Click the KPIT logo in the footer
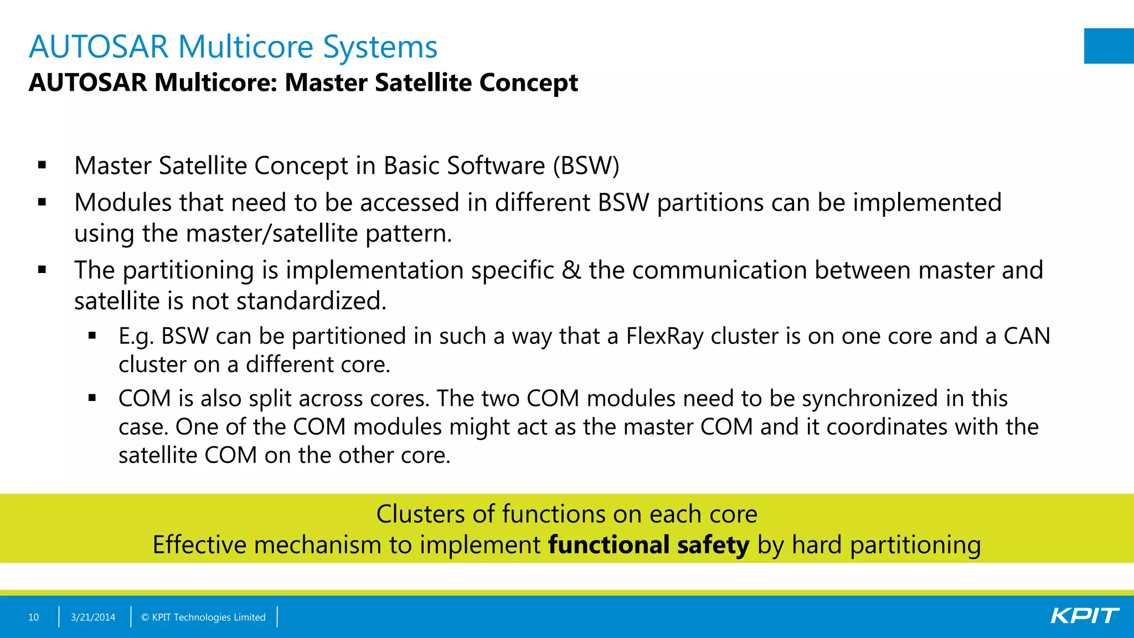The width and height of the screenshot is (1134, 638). (1085, 616)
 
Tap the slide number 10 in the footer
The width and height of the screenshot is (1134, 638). (33, 617)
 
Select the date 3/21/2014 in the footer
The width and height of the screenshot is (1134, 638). (93, 617)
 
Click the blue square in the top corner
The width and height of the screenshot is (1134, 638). (1109, 46)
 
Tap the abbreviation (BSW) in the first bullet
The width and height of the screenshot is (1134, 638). (586, 166)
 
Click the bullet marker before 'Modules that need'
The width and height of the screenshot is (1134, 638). (42, 203)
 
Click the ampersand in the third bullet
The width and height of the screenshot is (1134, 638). (571, 270)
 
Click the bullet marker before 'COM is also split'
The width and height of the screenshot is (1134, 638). (92, 398)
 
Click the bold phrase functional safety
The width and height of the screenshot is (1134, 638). (648, 545)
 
